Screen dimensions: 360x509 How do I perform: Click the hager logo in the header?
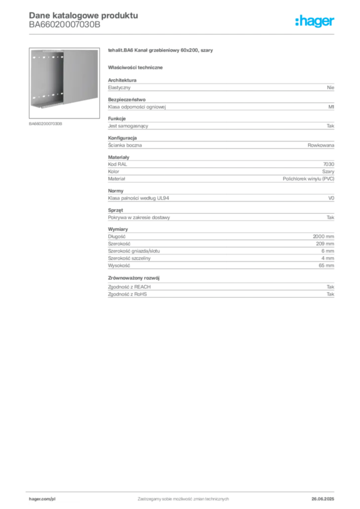314,21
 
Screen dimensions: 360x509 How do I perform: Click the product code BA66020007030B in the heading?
65,25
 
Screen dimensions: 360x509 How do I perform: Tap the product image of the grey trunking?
64,83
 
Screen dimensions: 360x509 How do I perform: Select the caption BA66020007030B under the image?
45,124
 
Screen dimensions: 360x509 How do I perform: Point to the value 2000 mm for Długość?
323,236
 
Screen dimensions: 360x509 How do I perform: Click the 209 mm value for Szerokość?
325,244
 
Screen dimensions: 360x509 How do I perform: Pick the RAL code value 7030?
329,164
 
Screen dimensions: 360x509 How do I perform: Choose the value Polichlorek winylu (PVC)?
308,179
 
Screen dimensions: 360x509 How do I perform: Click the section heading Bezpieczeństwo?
127,99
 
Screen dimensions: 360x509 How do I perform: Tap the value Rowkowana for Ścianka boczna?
321,145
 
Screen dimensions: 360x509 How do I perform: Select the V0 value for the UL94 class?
331,198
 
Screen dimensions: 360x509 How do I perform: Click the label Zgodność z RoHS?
127,294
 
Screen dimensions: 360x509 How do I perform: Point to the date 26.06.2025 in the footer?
323,499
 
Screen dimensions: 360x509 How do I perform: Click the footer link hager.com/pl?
42,499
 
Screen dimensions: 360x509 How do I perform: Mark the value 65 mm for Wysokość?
326,265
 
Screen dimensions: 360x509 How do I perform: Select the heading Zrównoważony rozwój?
134,278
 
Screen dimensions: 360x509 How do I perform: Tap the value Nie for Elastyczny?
331,87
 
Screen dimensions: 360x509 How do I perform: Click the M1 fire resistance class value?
331,107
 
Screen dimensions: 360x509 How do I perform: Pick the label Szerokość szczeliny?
129,258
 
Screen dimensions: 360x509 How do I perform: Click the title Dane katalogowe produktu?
84,15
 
